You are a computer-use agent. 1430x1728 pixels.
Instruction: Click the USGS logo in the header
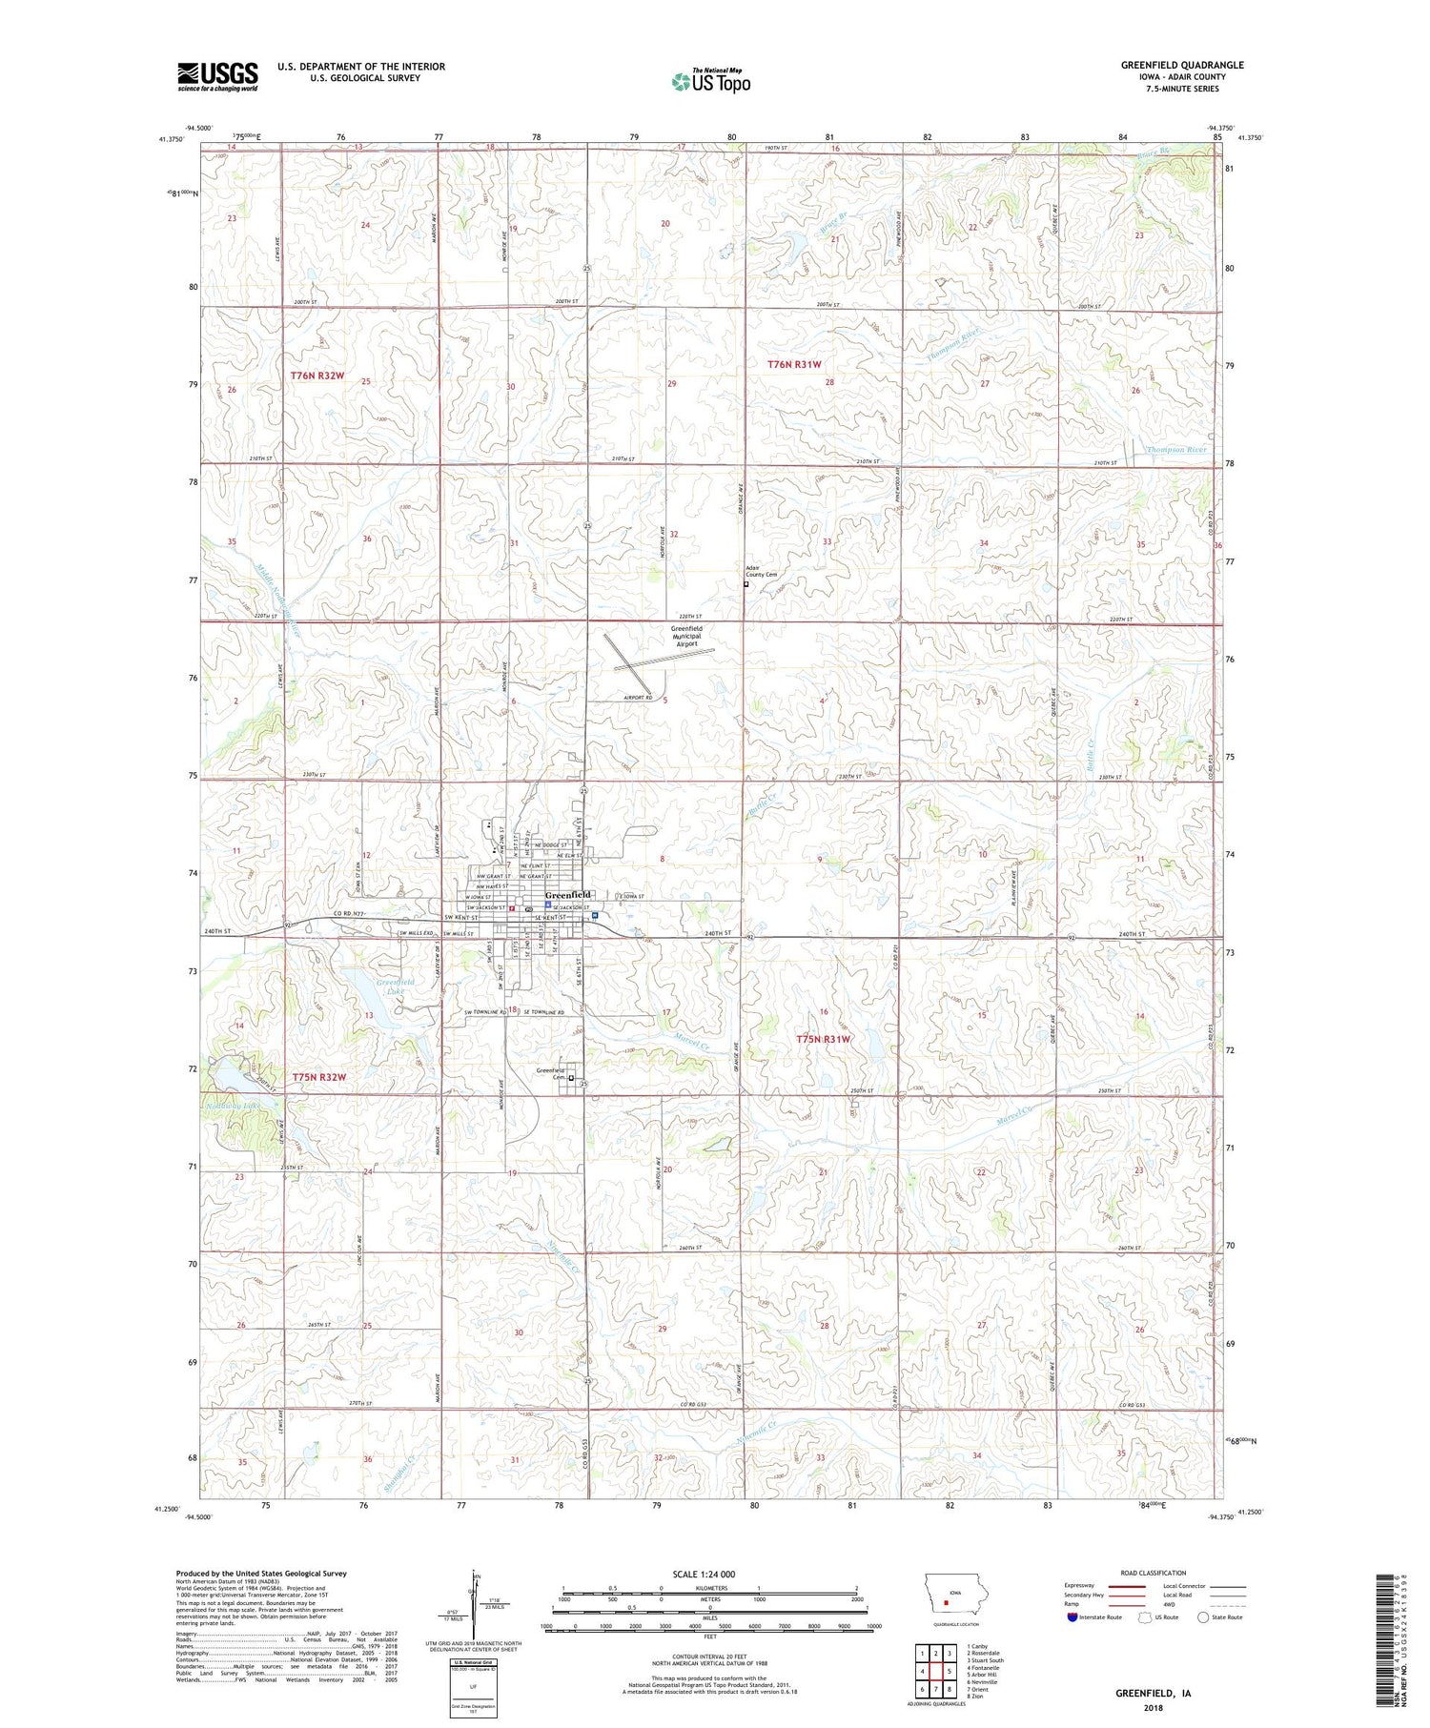(217, 76)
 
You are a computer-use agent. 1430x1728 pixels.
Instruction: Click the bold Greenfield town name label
(568, 894)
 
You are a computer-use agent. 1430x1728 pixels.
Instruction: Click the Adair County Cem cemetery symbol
(746, 586)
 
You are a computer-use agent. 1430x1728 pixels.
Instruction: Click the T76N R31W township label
(795, 364)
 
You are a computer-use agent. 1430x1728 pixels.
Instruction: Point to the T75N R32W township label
(318, 1076)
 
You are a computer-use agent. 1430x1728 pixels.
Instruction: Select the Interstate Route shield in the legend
(1072, 1617)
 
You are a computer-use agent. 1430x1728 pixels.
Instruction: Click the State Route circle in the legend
(1203, 1617)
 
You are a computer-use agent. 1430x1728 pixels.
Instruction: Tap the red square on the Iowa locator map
(946, 1602)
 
